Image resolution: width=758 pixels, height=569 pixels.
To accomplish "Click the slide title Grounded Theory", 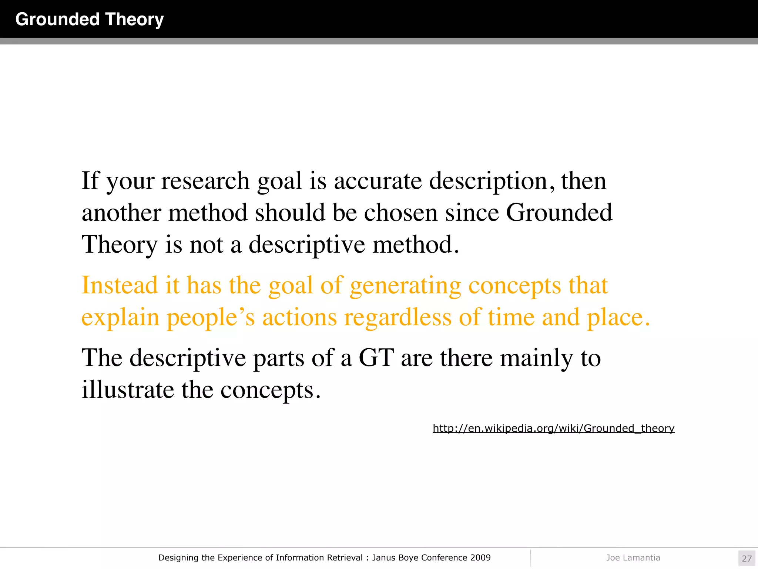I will pos(89,19).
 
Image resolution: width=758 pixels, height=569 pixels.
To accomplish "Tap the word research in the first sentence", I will pos(205,181).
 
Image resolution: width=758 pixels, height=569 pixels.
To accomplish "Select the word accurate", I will pos(378,181).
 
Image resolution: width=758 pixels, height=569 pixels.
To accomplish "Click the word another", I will pos(121,213).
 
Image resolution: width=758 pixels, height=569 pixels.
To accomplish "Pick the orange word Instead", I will pos(120,285).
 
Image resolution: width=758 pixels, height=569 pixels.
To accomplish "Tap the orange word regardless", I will pos(398,317).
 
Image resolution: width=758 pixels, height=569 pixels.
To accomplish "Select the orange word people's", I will pos(211,318).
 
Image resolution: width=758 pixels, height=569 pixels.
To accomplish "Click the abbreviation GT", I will pos(376,358).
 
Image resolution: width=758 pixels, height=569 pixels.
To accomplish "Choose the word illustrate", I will pos(128,390).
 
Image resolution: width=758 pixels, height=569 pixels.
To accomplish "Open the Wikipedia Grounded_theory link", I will pos(553,429).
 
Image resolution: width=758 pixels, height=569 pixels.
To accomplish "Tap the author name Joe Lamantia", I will pos(633,558).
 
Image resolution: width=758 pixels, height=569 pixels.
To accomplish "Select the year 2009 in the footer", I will pos(480,558).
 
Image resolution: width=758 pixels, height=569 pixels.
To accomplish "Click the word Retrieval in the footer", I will pos(345,558).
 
